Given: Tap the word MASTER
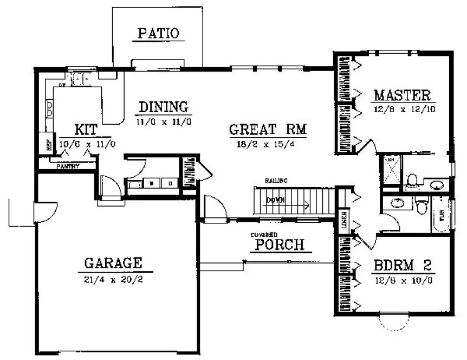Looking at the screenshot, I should pyautogui.click(x=402, y=95).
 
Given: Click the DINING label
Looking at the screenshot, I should pyautogui.click(x=163, y=106).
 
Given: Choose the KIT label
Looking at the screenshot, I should pyautogui.click(x=86, y=129).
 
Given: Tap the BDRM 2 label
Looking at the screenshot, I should pyautogui.click(x=402, y=266).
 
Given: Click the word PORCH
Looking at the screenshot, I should pyautogui.click(x=280, y=245).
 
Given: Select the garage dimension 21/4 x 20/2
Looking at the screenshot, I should pyautogui.click(x=113, y=280).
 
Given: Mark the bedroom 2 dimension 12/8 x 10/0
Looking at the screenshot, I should pyautogui.click(x=402, y=281).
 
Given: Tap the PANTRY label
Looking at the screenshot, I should pyautogui.click(x=68, y=166).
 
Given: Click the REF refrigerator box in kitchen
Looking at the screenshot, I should pyautogui.click(x=49, y=144).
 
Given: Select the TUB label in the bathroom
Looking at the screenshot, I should pyautogui.click(x=440, y=214).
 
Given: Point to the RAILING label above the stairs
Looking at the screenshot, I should pyautogui.click(x=276, y=181).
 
